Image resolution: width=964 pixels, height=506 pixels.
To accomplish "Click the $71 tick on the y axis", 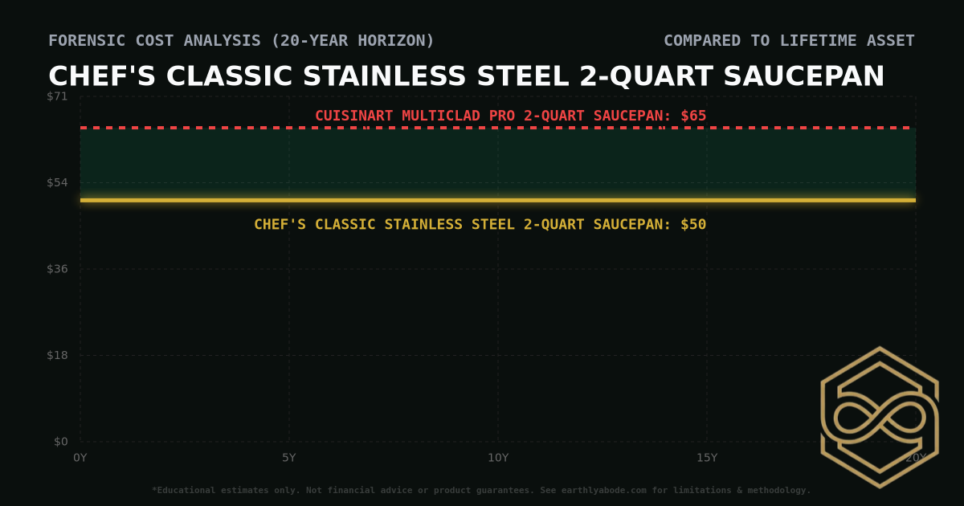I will tap(58, 96).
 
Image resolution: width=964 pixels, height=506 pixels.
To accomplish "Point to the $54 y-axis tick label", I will tap(58, 182).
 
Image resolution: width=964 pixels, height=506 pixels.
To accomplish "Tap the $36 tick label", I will tap(58, 269).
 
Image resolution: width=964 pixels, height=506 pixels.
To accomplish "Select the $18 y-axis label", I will tap(58, 355).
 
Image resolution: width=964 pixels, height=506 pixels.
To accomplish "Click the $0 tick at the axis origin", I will tap(61, 442).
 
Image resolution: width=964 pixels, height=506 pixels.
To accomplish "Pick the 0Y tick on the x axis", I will tap(80, 457).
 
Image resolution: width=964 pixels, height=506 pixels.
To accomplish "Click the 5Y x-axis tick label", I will tap(289, 457).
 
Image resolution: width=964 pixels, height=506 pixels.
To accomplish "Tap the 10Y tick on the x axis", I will tap(498, 457).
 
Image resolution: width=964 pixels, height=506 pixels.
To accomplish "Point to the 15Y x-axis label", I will tap(707, 457).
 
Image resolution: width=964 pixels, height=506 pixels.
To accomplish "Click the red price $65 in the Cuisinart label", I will tap(693, 116).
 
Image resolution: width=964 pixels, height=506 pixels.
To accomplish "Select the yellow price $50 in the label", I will tap(693, 225).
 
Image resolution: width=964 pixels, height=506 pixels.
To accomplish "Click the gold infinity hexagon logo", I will tap(879, 417).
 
